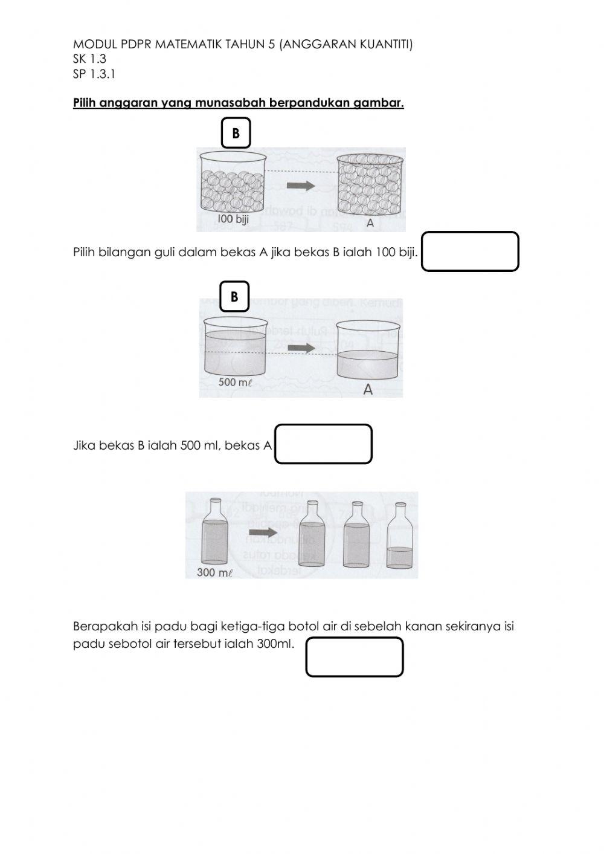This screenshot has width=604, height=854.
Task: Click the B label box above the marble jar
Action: coord(236,133)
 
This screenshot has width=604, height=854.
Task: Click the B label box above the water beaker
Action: coord(234,296)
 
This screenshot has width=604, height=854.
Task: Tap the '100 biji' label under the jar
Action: coord(233,219)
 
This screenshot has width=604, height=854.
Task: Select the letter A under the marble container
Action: coord(370,223)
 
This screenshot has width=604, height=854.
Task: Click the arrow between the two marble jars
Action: coord(301,186)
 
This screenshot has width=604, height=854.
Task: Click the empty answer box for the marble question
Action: coord(470,251)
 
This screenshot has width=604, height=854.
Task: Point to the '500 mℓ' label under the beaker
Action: coord(235,382)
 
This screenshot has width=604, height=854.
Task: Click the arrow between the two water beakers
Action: coord(301,348)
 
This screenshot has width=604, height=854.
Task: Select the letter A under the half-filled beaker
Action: coord(367,390)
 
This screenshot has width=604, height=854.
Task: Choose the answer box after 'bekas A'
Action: coord(323,444)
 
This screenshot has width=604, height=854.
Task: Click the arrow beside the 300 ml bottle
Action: coord(263,532)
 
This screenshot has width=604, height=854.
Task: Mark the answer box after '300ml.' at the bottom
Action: coord(354,657)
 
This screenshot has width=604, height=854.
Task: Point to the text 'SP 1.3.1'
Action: coord(94,74)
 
